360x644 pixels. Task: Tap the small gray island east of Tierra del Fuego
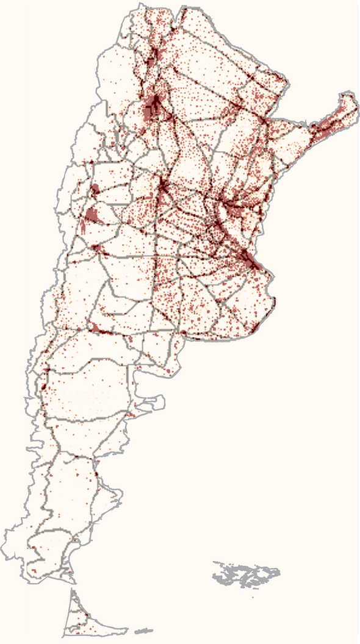(144, 631)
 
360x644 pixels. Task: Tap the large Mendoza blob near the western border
(92, 215)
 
